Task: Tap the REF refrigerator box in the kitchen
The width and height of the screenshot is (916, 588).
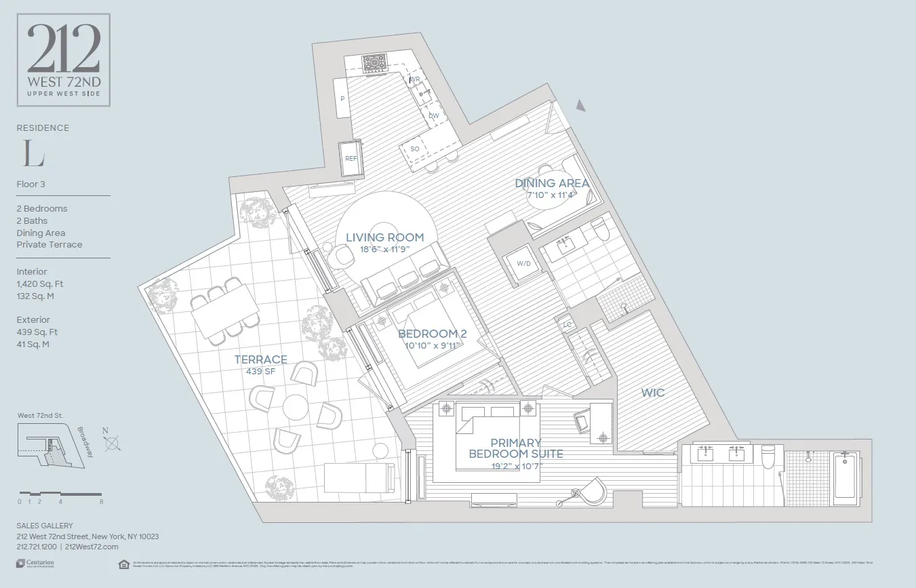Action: [x=351, y=158]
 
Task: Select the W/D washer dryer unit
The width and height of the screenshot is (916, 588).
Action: [x=523, y=264]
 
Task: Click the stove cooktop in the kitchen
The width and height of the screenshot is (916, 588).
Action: [x=374, y=64]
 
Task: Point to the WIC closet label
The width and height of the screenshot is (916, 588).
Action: [x=652, y=393]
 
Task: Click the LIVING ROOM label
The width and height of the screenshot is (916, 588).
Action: [x=384, y=237]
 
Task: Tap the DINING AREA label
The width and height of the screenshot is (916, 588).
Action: [x=551, y=183]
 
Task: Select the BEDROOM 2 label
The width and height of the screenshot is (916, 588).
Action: [x=432, y=334]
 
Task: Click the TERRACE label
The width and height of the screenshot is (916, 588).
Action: [x=260, y=359]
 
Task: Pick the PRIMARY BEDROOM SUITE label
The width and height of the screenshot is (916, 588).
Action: [x=516, y=448]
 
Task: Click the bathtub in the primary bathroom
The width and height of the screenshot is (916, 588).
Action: [x=845, y=478]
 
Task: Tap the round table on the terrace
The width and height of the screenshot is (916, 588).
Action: [x=296, y=408]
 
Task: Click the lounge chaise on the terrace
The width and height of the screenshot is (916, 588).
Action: [x=359, y=478]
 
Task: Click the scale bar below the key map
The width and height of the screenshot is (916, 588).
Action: [x=61, y=493]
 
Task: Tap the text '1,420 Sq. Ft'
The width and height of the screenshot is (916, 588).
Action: [x=40, y=284]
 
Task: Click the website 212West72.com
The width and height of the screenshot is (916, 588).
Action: [x=92, y=547]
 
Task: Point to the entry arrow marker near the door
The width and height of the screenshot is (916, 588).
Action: [x=580, y=104]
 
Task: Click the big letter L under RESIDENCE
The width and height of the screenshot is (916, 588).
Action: [x=33, y=155]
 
